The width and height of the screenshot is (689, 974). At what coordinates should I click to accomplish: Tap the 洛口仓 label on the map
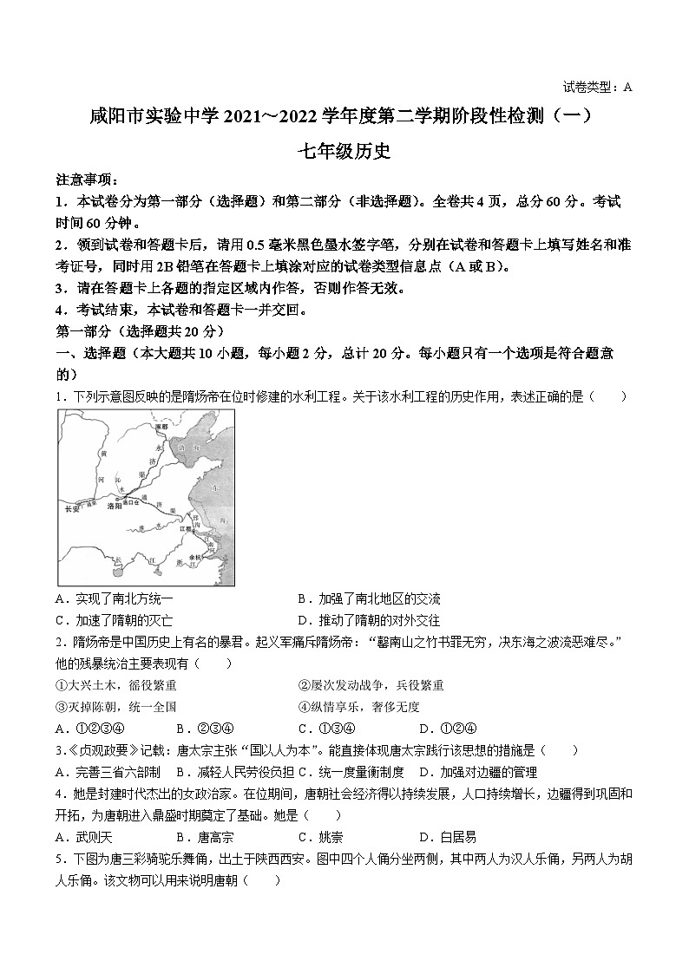coord(132,500)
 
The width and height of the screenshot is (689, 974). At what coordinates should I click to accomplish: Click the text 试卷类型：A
coord(598,87)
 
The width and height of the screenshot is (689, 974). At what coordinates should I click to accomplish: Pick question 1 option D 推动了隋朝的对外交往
coord(369,620)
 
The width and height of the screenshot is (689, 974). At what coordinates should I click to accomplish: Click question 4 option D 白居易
coord(448,837)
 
